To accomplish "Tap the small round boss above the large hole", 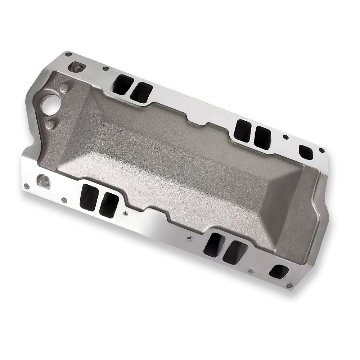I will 65,88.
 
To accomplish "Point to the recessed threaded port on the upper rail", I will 77,67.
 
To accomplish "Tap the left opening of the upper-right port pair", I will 242,130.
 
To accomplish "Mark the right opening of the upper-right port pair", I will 262,137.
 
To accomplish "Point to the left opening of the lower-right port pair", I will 215,244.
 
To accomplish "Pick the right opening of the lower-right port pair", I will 235,252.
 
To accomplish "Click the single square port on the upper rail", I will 305,152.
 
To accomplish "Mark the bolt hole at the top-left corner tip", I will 68,55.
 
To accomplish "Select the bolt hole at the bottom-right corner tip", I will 289,286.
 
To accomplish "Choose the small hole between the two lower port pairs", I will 189,237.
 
